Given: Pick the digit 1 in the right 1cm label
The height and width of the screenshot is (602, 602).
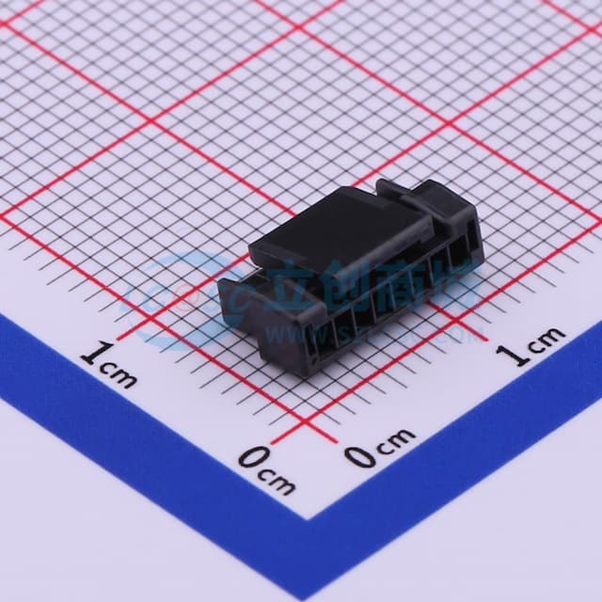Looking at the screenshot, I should pyautogui.click(x=514, y=355).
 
